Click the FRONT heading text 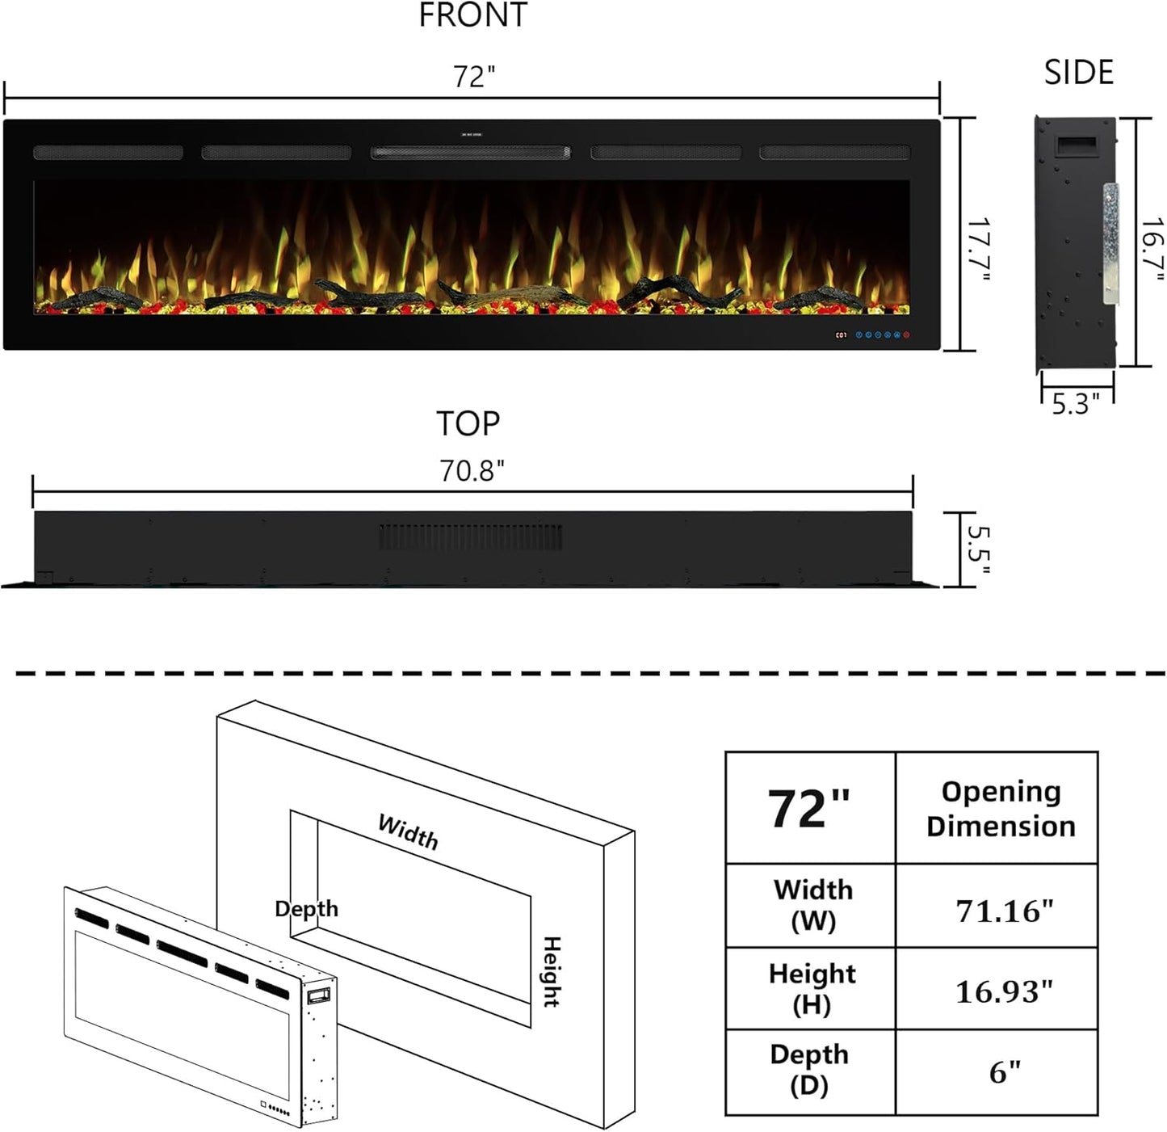(x=472, y=15)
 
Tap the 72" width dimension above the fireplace (x=474, y=77)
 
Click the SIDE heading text (x=1079, y=73)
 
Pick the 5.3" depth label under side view (x=1077, y=404)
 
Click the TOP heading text (x=468, y=424)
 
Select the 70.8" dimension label (x=472, y=471)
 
